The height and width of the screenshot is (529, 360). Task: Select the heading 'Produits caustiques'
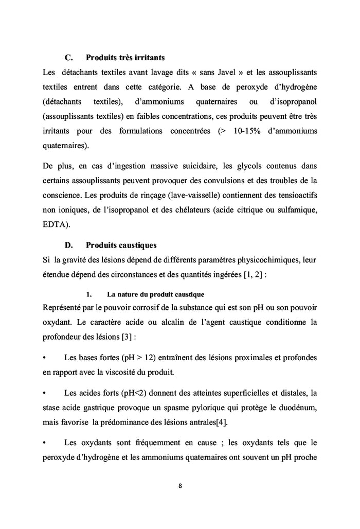[121, 245]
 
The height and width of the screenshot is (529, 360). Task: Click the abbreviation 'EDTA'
[54, 225]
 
